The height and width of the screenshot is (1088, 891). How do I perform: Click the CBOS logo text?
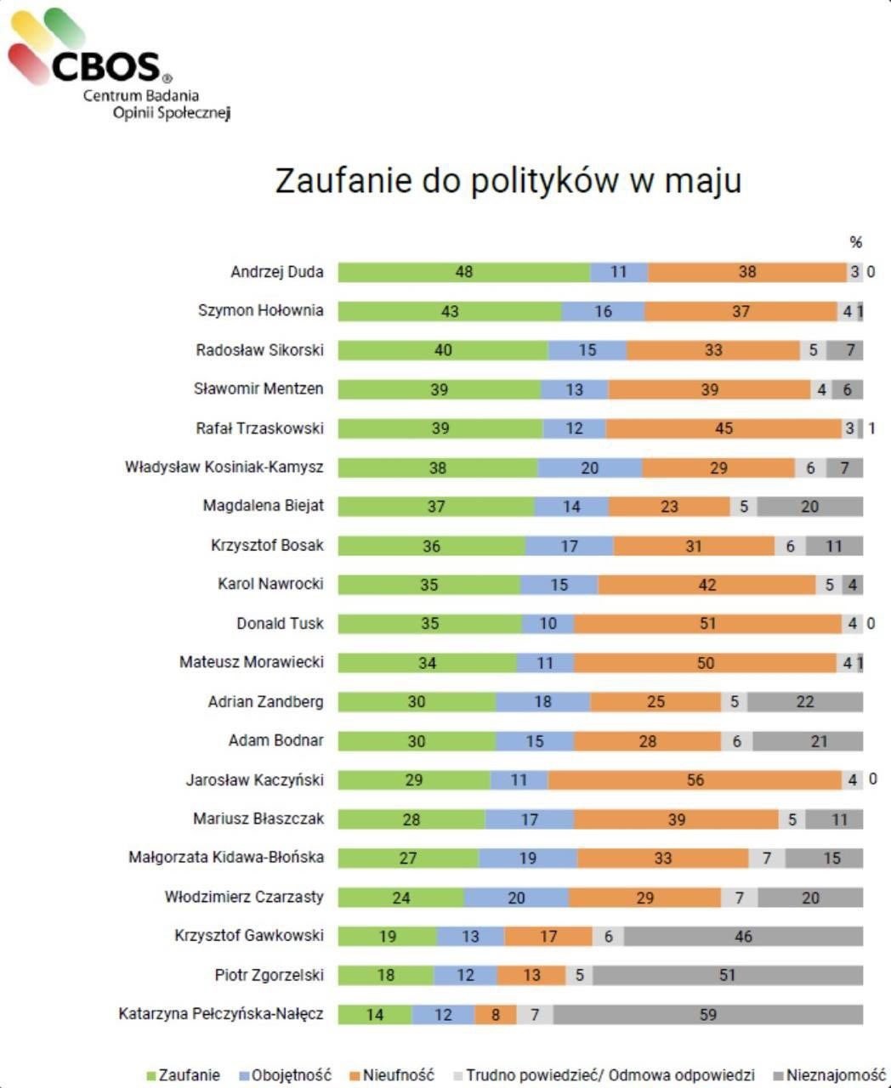point(105,65)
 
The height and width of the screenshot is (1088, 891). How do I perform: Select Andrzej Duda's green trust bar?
point(463,272)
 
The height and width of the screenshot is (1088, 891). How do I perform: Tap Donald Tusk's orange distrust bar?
point(707,624)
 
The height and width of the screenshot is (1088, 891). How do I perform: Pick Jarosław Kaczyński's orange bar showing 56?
point(695,780)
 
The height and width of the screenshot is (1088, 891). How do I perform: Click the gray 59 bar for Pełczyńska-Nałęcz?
point(707,1015)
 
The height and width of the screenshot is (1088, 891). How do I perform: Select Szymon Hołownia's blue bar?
point(603,311)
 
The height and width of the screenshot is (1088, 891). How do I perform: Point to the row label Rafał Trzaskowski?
point(259,428)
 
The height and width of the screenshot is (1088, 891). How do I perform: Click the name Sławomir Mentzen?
point(258,389)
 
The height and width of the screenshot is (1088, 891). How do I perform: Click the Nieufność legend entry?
point(399,1075)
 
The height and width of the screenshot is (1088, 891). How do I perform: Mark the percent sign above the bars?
point(855,242)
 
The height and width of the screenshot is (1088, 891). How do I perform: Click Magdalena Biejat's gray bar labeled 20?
point(809,507)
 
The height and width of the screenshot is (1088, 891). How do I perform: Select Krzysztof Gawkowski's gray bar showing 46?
point(742,937)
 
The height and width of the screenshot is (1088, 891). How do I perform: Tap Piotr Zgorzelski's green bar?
point(385,976)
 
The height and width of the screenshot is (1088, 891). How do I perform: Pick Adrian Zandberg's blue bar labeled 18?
point(542,702)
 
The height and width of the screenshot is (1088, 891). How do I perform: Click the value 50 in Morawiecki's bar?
point(705,663)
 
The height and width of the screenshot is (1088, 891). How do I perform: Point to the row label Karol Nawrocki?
point(270,585)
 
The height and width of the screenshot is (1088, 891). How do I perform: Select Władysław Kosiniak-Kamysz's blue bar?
point(589,467)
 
